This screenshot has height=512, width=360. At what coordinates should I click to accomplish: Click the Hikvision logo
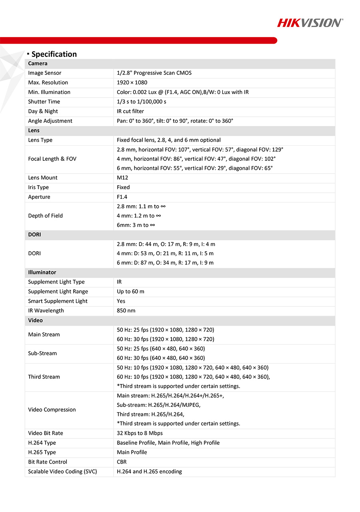[x=310, y=23]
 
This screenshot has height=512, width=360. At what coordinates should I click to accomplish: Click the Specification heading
[x=54, y=54]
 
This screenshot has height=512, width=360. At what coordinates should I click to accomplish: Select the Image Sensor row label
[x=45, y=73]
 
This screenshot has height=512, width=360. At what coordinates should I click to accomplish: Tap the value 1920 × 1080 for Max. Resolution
[x=132, y=83]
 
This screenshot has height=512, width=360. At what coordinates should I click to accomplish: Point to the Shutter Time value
[x=142, y=102]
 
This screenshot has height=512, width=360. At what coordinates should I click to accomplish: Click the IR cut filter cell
[x=130, y=112]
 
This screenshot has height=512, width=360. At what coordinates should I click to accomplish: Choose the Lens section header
[x=34, y=131]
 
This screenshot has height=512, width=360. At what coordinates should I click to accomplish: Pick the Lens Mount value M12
[x=122, y=178]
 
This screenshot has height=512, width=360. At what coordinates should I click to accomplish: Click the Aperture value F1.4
[x=122, y=197]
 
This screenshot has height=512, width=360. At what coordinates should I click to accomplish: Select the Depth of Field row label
[x=46, y=216]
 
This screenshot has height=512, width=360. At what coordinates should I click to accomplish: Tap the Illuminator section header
[x=42, y=272]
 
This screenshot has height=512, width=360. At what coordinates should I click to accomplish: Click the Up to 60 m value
[x=130, y=292]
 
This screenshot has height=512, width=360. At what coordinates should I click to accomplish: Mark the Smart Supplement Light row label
[x=58, y=301]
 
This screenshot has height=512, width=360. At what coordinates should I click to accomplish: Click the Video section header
[x=36, y=320]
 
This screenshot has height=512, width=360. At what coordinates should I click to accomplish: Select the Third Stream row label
[x=44, y=377]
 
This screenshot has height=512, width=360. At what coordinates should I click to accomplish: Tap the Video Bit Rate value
[x=140, y=433]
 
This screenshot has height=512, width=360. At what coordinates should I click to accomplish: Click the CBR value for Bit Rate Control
[x=122, y=462]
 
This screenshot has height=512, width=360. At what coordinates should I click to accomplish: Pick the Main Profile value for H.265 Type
[x=132, y=452]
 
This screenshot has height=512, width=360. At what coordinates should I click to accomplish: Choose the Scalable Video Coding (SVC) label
[x=62, y=472]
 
